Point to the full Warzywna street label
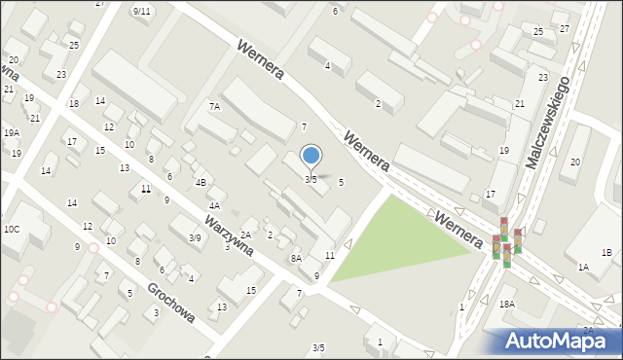[x=230, y=236]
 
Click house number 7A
[x=214, y=107]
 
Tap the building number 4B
[x=201, y=182]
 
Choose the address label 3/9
[x=195, y=237]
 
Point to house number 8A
[x=296, y=258]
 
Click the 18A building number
[x=507, y=305]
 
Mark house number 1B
[x=606, y=253]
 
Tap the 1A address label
[x=582, y=267]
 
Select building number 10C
[x=12, y=229]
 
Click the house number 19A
[x=11, y=132]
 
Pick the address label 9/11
[x=141, y=11]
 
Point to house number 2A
[x=246, y=234]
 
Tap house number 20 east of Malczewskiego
[x=575, y=162]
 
